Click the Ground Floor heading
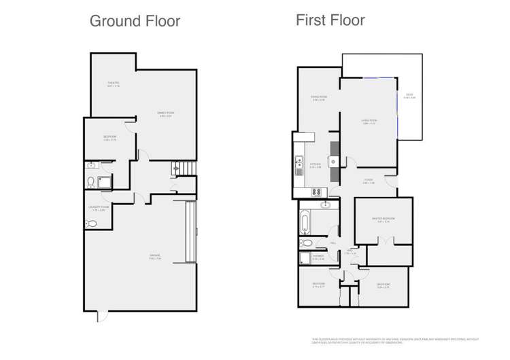point(135,21)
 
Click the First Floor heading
point(330,20)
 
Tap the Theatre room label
point(112,84)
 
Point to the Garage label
point(155,256)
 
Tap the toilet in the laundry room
point(91,225)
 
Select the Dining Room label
point(318,99)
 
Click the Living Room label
point(369,122)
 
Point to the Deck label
point(409,96)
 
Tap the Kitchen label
point(315,165)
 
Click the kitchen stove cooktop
point(318,192)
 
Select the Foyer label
point(368,182)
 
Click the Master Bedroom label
point(384,219)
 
